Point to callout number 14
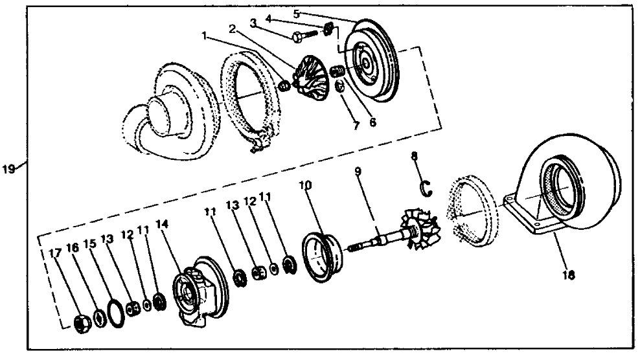(x=162, y=225)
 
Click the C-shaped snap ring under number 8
(x=426, y=188)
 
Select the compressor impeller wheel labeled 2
(x=309, y=70)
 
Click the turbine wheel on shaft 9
(x=422, y=226)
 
